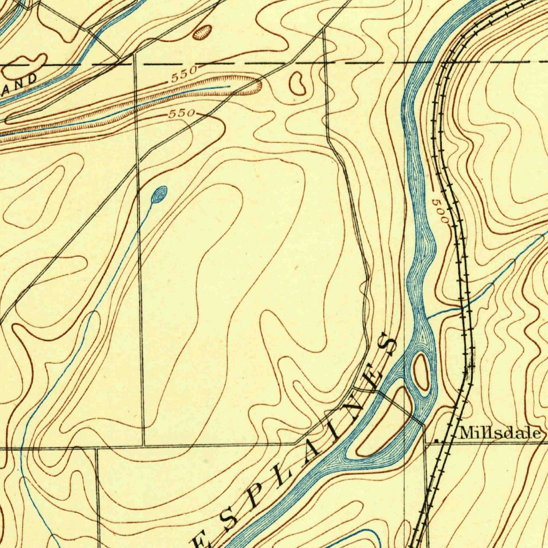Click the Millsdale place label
pyautogui.click(x=500, y=433)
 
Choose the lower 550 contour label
pyautogui.click(x=182, y=113)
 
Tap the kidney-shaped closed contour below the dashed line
pyautogui.click(x=298, y=82)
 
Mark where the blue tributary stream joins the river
pyautogui.click(x=428, y=316)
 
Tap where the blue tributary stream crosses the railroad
pyautogui.click(x=463, y=307)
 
